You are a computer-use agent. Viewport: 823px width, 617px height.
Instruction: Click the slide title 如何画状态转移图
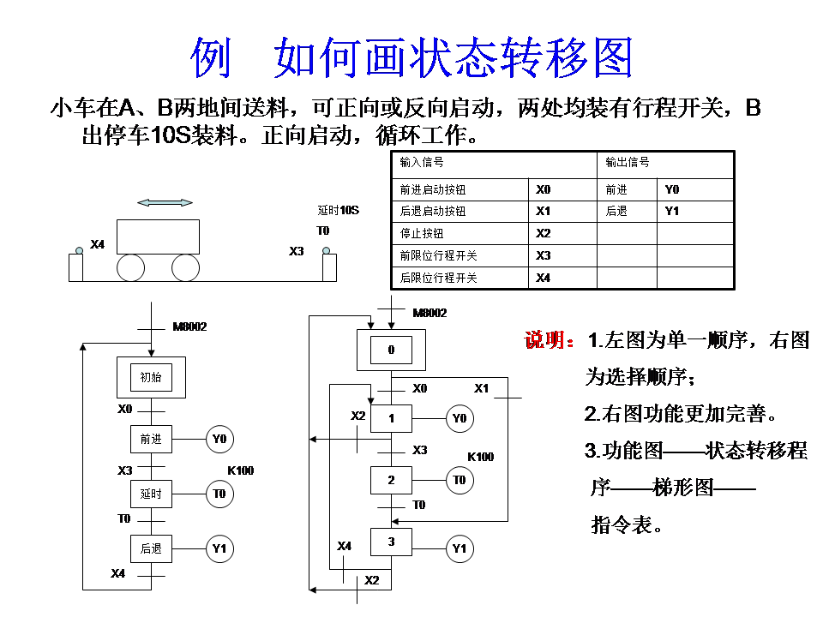pyautogui.click(x=411, y=57)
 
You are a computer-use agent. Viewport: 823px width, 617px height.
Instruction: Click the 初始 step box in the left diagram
pyautogui.click(x=151, y=377)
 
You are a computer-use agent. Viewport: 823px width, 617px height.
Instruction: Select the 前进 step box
pyautogui.click(x=151, y=439)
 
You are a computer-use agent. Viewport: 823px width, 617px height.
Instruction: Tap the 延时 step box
pyautogui.click(x=151, y=494)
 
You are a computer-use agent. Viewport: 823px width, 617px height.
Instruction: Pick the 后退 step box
pyautogui.click(x=151, y=548)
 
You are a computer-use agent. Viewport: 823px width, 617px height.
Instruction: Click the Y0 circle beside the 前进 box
pyautogui.click(x=219, y=440)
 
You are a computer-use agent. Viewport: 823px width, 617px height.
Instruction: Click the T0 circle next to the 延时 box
pyautogui.click(x=219, y=494)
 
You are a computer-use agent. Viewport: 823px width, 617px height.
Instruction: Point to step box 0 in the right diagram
pyautogui.click(x=391, y=350)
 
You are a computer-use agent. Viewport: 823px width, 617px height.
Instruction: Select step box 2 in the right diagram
pyautogui.click(x=391, y=480)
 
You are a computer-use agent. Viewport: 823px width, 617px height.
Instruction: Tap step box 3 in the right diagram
pyautogui.click(x=391, y=542)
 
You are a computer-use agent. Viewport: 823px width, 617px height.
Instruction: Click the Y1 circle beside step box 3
pyautogui.click(x=460, y=548)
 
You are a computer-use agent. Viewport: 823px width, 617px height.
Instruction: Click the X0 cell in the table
pyautogui.click(x=544, y=189)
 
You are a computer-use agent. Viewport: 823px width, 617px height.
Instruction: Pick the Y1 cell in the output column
pyautogui.click(x=672, y=211)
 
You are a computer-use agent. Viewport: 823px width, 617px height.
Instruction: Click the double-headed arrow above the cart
pyautogui.click(x=165, y=203)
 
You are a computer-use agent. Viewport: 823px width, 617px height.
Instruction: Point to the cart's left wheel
pyautogui.click(x=131, y=268)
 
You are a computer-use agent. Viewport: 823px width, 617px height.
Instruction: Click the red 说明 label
pyautogui.click(x=549, y=341)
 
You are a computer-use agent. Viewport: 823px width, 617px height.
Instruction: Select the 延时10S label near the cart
pyautogui.click(x=338, y=211)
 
